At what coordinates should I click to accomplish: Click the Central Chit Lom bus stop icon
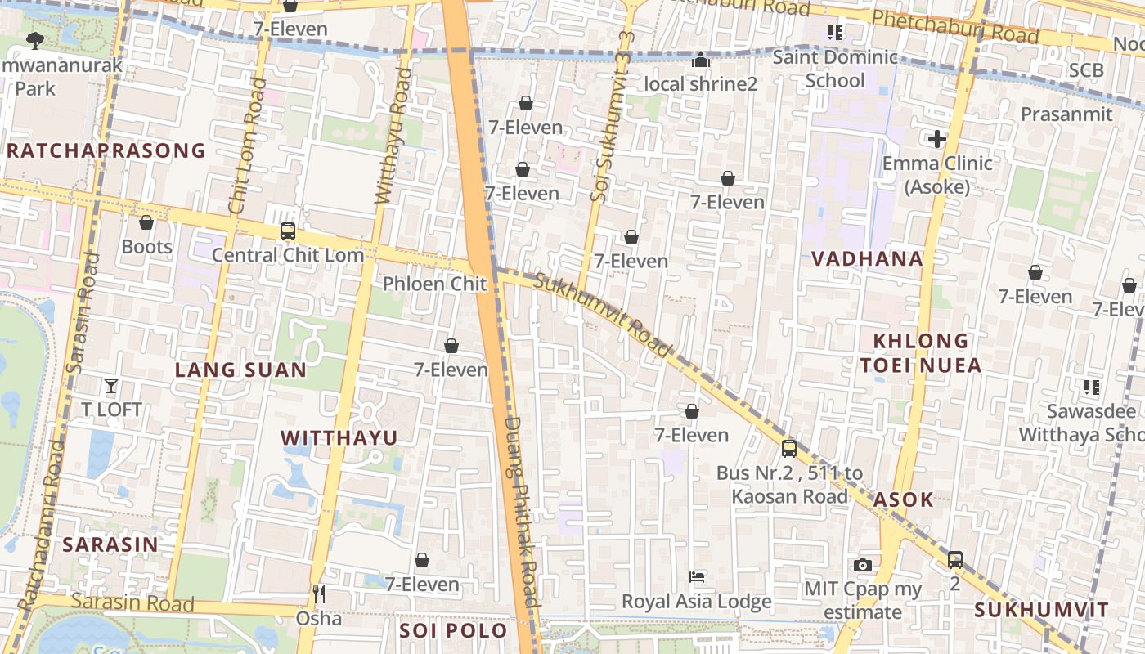[288, 231]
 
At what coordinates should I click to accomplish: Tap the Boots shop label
[147, 247]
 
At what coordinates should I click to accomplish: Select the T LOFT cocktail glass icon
[111, 386]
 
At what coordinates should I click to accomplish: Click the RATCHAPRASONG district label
[106, 150]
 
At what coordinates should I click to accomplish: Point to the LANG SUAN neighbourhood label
[240, 370]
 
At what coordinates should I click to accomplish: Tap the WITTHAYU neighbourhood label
[339, 438]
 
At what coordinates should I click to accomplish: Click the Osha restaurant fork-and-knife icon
[319, 594]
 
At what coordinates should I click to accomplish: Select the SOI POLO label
[453, 631]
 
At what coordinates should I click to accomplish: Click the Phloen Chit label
[435, 284]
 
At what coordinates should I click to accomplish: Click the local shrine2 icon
[701, 60]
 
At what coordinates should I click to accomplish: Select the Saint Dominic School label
[835, 69]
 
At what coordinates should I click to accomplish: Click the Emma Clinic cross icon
[937, 139]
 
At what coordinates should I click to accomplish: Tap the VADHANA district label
[867, 259]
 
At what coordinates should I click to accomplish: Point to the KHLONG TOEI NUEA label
[921, 353]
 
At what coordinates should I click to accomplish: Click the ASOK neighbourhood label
[903, 499]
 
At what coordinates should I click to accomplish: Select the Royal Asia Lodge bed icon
[697, 578]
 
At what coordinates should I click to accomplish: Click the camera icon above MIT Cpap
[862, 565]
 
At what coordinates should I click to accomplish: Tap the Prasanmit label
[1066, 114]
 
